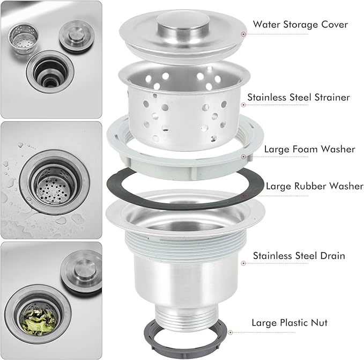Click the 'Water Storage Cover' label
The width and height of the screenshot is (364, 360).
(300, 24)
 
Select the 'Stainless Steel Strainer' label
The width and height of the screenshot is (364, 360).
(299, 97)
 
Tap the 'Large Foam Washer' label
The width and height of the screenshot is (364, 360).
(310, 149)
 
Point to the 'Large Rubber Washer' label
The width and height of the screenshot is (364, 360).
(315, 186)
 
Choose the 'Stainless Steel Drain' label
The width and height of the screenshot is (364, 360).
(299, 256)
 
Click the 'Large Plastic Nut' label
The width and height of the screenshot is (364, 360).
(289, 322)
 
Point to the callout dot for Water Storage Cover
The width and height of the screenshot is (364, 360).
(243, 34)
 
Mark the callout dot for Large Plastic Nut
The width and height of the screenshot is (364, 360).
(231, 332)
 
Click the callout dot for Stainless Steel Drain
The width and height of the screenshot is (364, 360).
(243, 263)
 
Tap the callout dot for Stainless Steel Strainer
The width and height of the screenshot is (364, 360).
(243, 105)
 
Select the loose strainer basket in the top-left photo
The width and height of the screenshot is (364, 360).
(23, 38)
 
